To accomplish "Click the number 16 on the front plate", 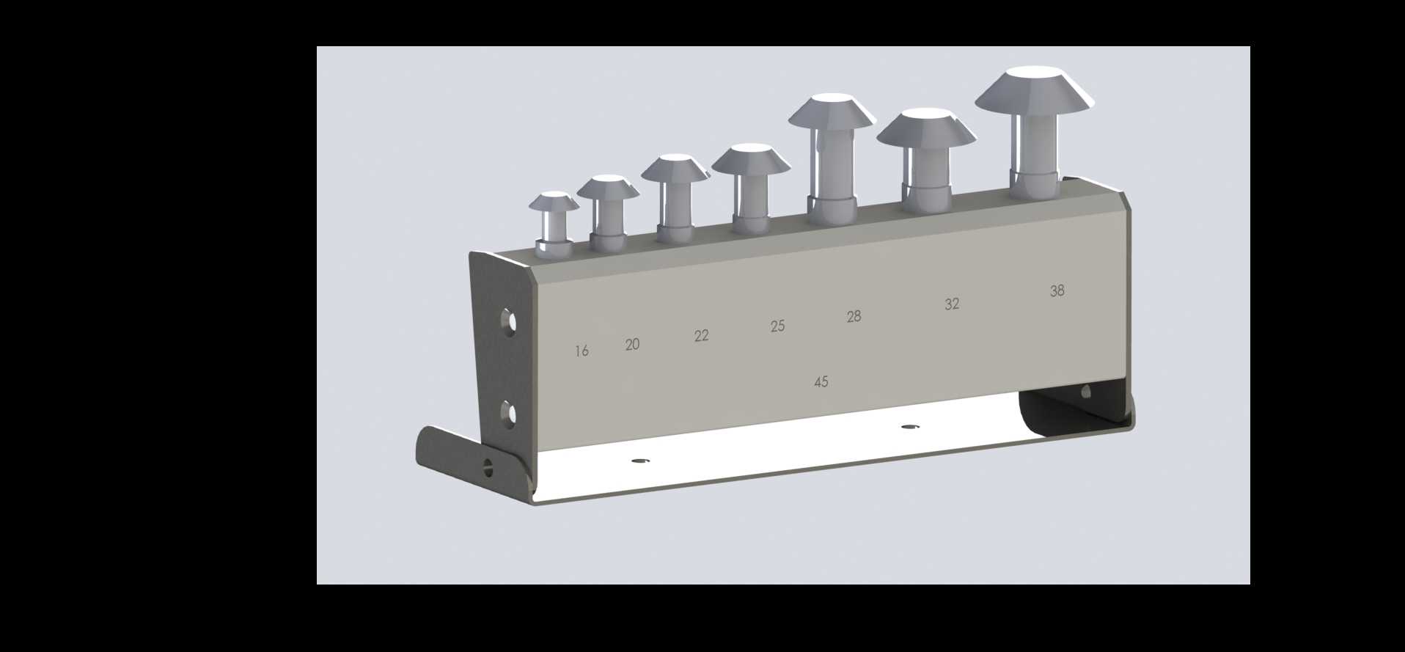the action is pos(582,351).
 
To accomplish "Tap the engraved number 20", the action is pos(632,344).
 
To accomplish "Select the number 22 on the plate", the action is pos(701,336).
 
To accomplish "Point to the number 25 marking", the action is pos(777,326).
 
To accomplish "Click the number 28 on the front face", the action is pos(854,317).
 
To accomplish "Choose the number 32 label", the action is pos(952,304).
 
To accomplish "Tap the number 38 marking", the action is pos(1057,291).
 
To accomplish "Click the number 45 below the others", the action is pos(821,382).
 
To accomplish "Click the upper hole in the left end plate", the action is pos(507,321).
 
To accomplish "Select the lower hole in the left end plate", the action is pos(507,414).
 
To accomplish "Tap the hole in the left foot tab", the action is pos(488,466).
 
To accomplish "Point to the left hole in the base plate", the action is pos(641,461).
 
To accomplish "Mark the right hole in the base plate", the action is pos(910,426).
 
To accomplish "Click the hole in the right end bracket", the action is pos(1086,392).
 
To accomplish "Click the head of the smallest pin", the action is pos(554,202).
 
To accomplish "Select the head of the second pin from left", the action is pos(608,186).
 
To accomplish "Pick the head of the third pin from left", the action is pos(675,167).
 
